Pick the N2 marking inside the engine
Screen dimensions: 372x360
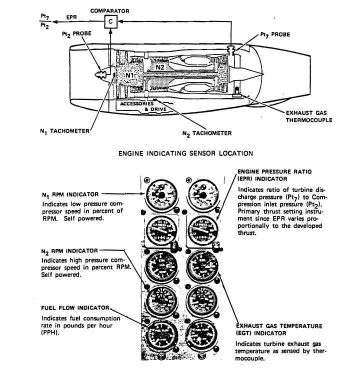(x=159, y=65)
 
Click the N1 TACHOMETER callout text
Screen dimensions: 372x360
(x=64, y=131)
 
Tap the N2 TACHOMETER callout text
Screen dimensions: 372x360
(x=207, y=133)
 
